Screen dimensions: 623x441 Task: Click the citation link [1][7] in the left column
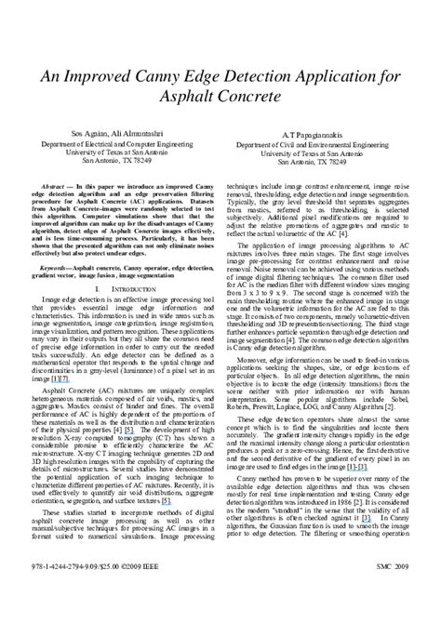click(x=59, y=378)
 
